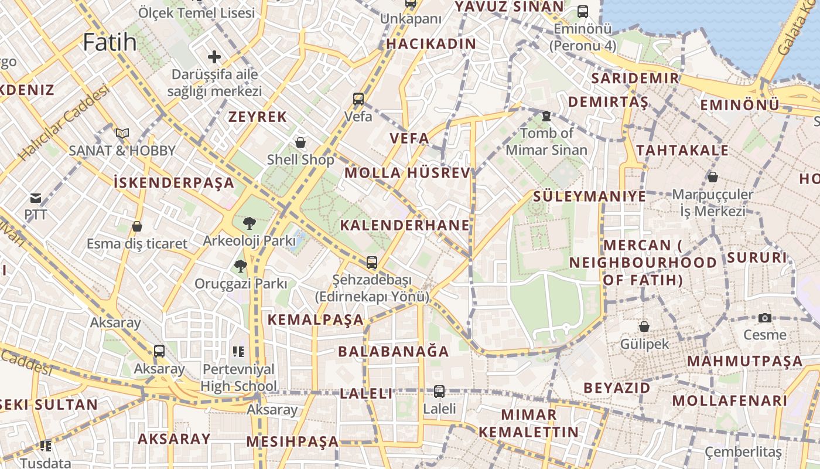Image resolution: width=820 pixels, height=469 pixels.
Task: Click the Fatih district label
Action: click(x=110, y=42)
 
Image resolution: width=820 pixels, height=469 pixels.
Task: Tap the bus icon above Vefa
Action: click(x=358, y=99)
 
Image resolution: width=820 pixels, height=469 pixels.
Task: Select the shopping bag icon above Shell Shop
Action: click(x=300, y=142)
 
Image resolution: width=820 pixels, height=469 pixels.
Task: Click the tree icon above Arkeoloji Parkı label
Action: click(x=250, y=223)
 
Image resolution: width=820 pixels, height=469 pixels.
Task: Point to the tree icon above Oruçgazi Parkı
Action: click(x=240, y=267)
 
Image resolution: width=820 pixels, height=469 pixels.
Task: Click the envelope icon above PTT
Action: click(x=36, y=198)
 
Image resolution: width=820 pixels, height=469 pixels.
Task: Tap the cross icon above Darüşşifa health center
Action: click(x=214, y=57)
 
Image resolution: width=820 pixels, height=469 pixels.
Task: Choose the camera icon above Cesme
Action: click(x=765, y=318)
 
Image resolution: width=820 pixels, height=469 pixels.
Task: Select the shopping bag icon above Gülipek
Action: click(x=644, y=327)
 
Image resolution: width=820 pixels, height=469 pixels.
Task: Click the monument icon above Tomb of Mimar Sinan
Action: click(x=546, y=116)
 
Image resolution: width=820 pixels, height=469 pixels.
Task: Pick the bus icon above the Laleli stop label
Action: click(x=439, y=391)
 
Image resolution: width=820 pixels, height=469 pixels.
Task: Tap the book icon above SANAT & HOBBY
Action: click(x=122, y=134)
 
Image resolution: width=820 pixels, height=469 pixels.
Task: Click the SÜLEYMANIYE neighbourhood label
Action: click(x=590, y=196)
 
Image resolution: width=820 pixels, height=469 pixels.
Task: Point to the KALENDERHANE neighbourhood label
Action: click(x=405, y=225)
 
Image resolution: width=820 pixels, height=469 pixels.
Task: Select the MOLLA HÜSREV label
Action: click(x=408, y=173)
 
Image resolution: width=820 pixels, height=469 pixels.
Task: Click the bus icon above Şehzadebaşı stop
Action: click(x=372, y=262)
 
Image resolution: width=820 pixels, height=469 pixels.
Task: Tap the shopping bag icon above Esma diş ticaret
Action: click(x=137, y=226)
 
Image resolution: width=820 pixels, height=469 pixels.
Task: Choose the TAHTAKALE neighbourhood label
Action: click(x=682, y=151)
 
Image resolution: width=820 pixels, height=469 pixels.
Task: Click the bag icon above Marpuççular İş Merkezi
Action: click(x=713, y=176)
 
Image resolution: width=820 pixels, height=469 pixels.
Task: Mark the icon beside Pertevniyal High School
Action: click(x=238, y=352)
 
